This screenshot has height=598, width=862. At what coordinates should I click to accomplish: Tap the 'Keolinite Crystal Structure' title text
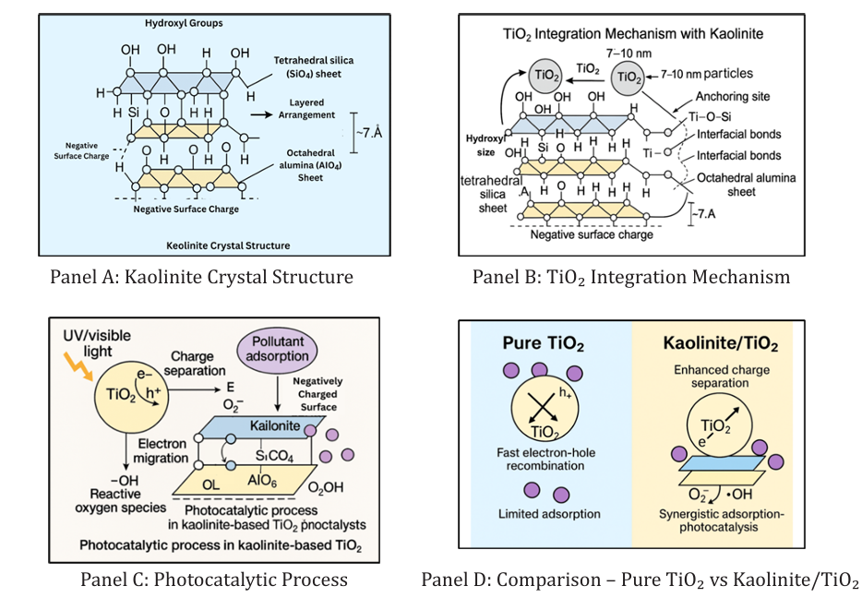(228, 245)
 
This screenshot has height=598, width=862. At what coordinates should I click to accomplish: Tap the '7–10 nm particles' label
(710, 73)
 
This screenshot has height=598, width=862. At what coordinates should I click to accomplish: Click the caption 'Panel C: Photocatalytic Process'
(213, 580)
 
